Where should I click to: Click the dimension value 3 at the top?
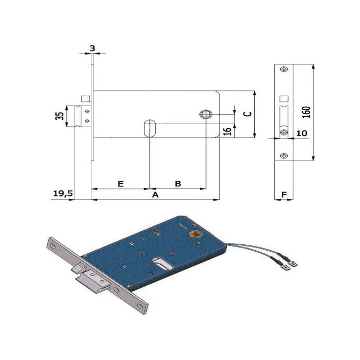point(92,49)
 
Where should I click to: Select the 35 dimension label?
point(59,116)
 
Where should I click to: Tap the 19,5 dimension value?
point(63,193)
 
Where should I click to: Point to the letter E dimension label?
point(121,184)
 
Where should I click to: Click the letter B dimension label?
point(178,184)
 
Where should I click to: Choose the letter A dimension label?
point(155,195)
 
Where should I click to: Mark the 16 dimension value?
point(227,131)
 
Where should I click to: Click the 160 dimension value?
point(306,112)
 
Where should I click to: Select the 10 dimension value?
point(301,133)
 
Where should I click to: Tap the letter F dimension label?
point(284,195)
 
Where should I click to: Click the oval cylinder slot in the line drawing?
point(150,128)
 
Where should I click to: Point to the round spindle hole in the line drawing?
point(206,114)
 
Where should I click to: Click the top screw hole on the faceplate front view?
point(284,69)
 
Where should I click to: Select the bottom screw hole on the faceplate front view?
point(284,156)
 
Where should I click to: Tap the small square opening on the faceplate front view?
point(284,99)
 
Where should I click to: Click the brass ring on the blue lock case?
point(195,234)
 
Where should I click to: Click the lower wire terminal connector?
point(285,267)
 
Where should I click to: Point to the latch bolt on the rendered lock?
point(94,280)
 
